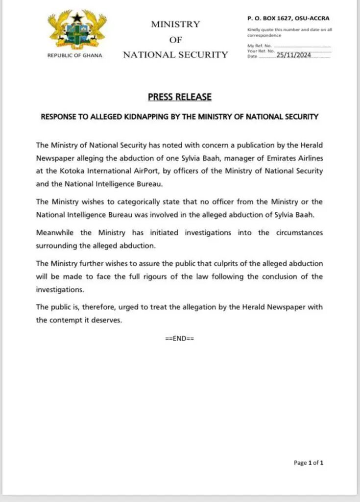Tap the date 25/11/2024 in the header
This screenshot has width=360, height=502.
[293, 56]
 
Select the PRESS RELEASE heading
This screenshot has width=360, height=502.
[180, 97]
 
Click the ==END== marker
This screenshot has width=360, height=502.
[180, 338]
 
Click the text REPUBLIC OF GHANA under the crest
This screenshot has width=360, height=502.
[75, 55]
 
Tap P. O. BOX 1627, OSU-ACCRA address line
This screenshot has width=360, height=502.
[288, 18]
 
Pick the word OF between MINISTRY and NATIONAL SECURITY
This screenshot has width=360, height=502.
[175, 40]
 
